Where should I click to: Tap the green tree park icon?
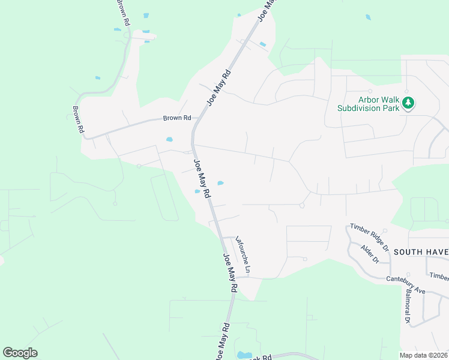(409, 103)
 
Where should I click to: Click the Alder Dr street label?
(370, 254)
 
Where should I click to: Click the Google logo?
(20, 353)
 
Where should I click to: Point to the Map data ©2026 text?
(424, 355)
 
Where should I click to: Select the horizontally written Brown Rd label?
(176, 118)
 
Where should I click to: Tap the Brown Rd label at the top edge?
(124, 12)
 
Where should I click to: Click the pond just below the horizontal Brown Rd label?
(169, 140)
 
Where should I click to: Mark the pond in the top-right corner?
(368, 17)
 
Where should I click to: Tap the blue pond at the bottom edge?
(244, 355)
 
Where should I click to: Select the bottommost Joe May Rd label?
(222, 342)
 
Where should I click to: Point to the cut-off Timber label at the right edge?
(439, 275)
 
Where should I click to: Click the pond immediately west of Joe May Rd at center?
(197, 191)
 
